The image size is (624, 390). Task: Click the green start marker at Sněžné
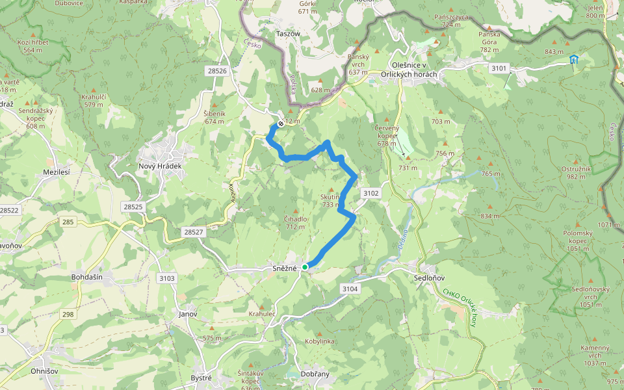305,266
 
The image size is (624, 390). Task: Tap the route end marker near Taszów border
281,123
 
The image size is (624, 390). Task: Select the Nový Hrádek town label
160,166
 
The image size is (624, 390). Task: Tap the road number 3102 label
371,193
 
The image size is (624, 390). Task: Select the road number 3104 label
349,288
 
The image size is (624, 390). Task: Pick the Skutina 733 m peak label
330,200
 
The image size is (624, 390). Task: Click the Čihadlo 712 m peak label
295,222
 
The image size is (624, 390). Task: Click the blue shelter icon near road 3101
573,60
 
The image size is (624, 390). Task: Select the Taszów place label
288,32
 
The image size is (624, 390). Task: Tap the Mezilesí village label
56,172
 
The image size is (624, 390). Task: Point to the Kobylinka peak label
318,341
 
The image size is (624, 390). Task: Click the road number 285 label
68,222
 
